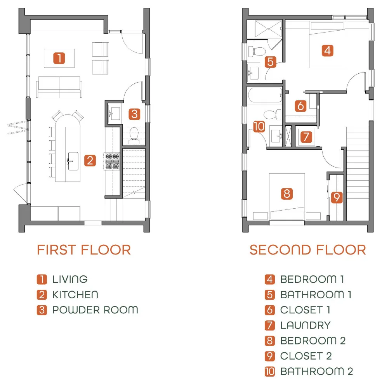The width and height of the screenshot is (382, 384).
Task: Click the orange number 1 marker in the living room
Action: [x=59, y=58]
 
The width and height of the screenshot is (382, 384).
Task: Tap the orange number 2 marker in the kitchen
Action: [x=90, y=161]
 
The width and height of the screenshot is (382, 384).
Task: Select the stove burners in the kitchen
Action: [x=112, y=161]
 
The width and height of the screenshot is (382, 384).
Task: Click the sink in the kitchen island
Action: [x=73, y=161]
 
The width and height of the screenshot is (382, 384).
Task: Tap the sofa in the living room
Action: [x=59, y=87]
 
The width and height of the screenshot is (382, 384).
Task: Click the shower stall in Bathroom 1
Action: [x=269, y=29]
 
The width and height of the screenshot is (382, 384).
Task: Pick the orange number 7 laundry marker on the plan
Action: [x=306, y=137]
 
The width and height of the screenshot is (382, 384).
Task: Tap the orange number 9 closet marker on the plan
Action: [x=337, y=197]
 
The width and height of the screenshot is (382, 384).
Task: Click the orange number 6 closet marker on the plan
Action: [x=300, y=106]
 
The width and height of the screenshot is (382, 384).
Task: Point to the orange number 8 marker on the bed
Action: [x=287, y=194]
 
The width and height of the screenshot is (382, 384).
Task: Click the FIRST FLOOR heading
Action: [x=84, y=250]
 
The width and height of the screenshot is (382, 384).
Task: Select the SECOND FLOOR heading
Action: [x=308, y=250]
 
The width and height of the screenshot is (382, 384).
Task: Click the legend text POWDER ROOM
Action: [x=95, y=310]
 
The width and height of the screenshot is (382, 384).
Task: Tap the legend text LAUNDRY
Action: [x=306, y=325]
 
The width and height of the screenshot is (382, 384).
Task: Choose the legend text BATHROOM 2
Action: [x=316, y=372]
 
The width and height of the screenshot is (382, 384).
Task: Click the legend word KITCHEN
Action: [x=75, y=295]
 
